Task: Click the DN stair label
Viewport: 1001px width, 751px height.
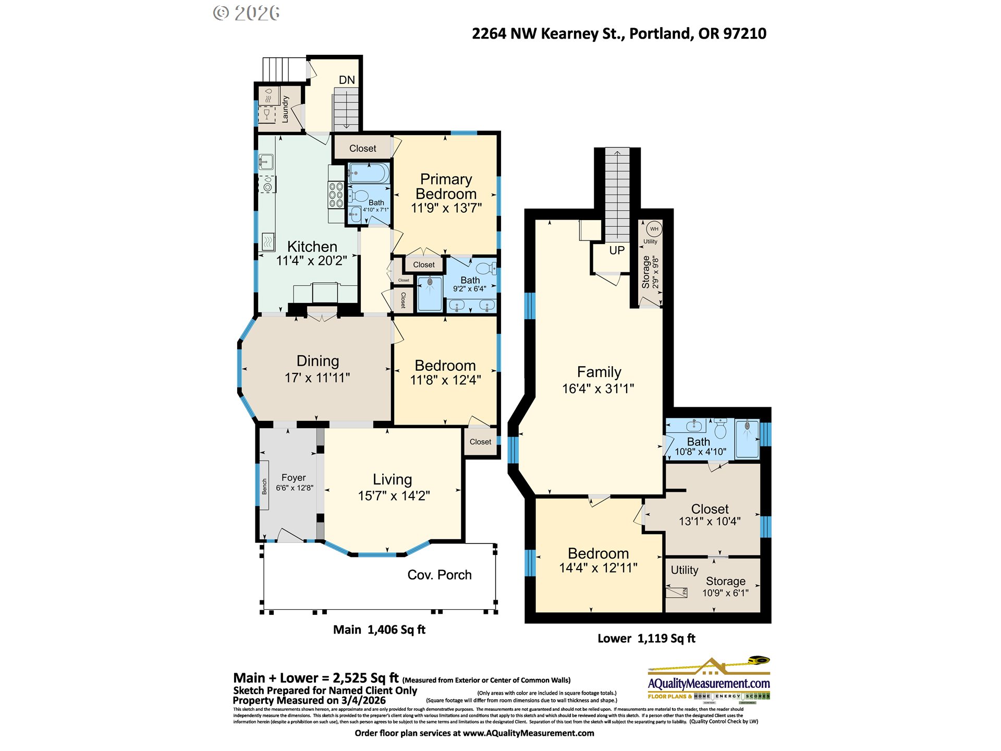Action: click(347, 80)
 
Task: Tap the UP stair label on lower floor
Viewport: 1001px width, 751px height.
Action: click(617, 250)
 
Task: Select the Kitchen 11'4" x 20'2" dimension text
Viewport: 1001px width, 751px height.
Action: click(311, 261)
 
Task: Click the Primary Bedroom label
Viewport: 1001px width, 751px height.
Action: click(446, 186)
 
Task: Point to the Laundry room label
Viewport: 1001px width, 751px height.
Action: click(285, 109)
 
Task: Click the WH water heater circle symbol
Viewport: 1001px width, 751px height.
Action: click(654, 229)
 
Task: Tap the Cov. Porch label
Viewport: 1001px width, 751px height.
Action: click(439, 575)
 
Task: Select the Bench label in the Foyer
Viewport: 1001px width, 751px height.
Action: click(264, 486)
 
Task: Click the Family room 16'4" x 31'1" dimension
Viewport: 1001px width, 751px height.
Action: click(598, 389)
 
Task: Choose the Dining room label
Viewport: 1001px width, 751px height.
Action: click(318, 361)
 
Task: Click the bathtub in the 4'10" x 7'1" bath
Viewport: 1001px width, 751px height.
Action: click(369, 173)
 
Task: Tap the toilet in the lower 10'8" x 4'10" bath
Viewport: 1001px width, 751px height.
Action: click(721, 429)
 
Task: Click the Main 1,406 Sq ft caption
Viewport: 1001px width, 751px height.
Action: click(379, 629)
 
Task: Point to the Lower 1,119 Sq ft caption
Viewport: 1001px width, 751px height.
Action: click(646, 638)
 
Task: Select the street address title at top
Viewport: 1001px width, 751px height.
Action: click(619, 33)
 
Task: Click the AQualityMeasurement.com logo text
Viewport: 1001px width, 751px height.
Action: click(709, 683)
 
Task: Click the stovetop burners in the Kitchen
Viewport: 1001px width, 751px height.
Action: click(336, 195)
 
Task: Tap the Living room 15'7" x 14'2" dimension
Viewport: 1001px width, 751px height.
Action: click(394, 495)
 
